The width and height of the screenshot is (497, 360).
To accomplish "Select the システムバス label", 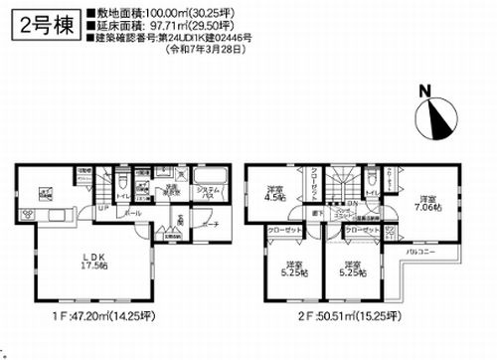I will (206, 193).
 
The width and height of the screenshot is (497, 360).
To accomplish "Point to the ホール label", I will (133, 213).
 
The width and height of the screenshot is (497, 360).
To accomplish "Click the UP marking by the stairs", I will (102, 210).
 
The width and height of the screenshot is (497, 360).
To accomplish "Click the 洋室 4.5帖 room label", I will (274, 194).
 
